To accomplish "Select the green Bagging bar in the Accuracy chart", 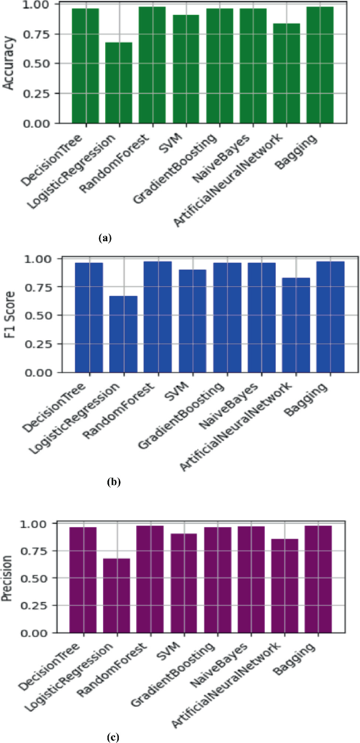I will coord(320,65).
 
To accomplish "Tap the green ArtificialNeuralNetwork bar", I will coord(286,74).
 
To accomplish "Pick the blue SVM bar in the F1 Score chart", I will coord(192,321).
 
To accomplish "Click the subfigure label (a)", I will coord(105,238).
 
